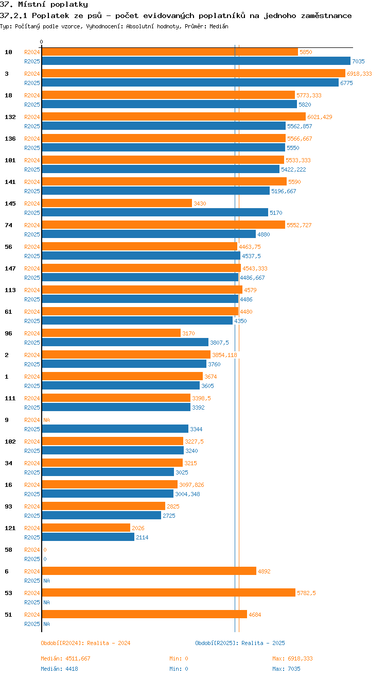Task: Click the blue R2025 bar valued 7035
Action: click(196, 61)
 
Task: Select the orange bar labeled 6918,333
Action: click(193, 73)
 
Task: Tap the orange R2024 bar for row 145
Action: click(117, 203)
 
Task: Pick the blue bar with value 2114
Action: click(87, 537)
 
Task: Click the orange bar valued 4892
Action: click(149, 571)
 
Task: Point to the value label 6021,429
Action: click(320, 117)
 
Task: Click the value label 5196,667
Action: click(284, 191)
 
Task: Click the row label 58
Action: click(8, 550)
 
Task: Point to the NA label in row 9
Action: click(46, 420)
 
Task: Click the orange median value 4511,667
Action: click(78, 658)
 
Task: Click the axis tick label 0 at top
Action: click(42, 42)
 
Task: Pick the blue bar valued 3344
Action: click(115, 429)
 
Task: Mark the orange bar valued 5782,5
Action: click(168, 592)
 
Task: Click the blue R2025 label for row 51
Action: click(32, 624)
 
